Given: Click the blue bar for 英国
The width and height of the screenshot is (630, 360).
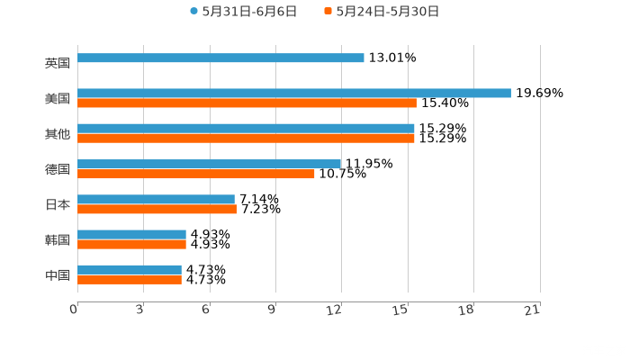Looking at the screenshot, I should [220, 58].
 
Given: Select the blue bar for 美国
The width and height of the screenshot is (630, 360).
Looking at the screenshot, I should [293, 93].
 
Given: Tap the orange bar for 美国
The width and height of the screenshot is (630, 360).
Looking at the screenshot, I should [247, 103].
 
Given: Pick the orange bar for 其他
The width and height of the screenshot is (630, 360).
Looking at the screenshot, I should [246, 138].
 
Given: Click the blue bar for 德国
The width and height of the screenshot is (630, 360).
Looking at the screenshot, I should [209, 164].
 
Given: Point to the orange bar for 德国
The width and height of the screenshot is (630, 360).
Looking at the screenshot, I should [195, 174].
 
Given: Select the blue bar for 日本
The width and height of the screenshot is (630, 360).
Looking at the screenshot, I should [156, 199].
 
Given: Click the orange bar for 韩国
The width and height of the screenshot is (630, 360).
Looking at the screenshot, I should [131, 244].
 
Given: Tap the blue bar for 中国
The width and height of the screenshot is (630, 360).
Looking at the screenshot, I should [130, 269].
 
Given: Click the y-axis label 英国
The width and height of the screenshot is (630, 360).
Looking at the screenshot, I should [58, 63].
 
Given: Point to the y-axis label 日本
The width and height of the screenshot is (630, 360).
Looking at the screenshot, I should [58, 204].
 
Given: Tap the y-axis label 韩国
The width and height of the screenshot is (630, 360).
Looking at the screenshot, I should [58, 239].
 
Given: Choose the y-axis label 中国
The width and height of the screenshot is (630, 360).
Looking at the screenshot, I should [58, 274].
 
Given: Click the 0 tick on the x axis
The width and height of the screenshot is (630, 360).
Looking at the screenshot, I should [75, 310].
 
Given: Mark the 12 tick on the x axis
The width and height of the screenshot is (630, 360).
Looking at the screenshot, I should [336, 310].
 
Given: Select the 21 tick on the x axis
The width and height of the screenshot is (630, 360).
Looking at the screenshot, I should [533, 310].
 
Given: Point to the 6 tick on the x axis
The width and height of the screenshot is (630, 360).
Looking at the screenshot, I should [206, 310].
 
